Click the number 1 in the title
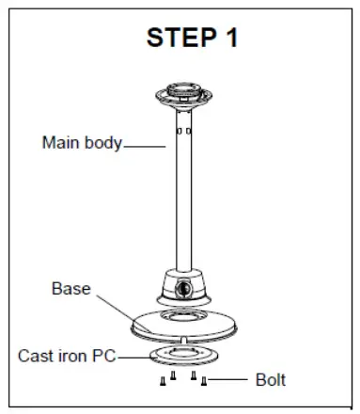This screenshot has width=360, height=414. pyautogui.click(x=230, y=39)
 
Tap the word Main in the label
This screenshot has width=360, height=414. pyautogui.click(x=59, y=144)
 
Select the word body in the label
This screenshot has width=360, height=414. pyautogui.click(x=102, y=144)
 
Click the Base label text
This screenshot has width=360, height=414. pyautogui.click(x=70, y=289)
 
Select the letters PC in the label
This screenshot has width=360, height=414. pyautogui.click(x=106, y=357)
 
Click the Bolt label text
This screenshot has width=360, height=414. pyautogui.click(x=271, y=380)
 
